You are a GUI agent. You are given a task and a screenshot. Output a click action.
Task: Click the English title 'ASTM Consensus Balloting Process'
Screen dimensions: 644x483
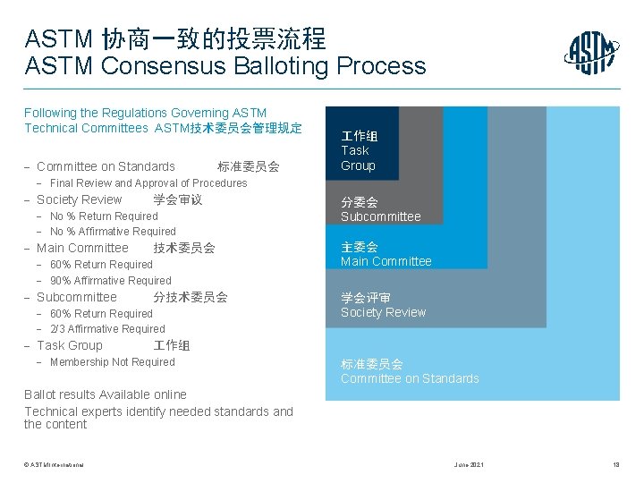[226, 66]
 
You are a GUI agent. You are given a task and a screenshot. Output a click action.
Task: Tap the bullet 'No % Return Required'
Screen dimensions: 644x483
[104, 216]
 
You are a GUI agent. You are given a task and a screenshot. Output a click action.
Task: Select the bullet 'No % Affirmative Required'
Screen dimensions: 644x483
[113, 232]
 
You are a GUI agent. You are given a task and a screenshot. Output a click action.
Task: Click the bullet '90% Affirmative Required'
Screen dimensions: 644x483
[110, 281]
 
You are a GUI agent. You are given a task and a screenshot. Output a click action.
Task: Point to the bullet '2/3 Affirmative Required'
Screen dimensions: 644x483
[107, 329]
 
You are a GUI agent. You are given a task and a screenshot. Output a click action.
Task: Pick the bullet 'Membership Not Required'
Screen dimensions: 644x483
[113, 362]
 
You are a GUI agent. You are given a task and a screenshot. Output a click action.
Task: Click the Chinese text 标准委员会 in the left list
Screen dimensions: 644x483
[248, 166]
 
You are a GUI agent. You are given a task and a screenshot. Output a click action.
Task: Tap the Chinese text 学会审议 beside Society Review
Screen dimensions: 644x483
[177, 199]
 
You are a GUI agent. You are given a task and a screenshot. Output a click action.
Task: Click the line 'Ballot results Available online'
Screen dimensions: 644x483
[106, 394]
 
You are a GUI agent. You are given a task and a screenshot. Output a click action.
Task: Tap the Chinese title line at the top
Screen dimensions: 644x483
[175, 38]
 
